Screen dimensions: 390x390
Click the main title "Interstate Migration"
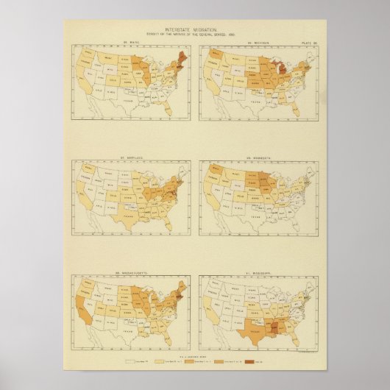point(194,29)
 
